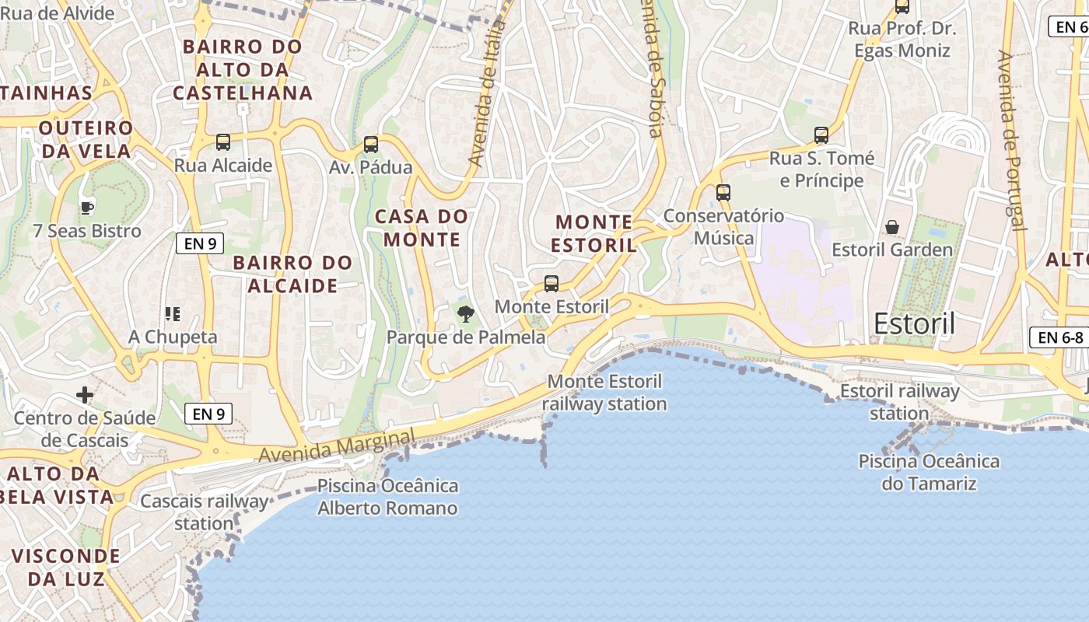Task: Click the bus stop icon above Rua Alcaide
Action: tap(223, 142)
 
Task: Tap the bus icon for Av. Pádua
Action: tap(371, 145)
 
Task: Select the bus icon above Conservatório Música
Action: tap(723, 192)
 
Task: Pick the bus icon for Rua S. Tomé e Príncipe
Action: tap(821, 135)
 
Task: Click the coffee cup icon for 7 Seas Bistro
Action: tap(87, 208)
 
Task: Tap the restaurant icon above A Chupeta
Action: tap(173, 314)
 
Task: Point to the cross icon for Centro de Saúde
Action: tap(85, 396)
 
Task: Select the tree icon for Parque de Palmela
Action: tap(465, 314)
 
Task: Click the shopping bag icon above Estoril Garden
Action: tap(892, 227)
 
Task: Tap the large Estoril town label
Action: tap(914, 323)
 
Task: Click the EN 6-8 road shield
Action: tap(1060, 337)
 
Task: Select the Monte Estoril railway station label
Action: tap(604, 393)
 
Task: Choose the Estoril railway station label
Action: tap(899, 402)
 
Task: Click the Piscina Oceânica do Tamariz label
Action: tap(929, 472)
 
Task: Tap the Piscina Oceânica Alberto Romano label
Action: tap(387, 498)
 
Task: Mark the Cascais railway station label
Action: tap(204, 512)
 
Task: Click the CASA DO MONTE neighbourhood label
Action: tap(422, 228)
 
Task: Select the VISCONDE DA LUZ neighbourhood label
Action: tap(66, 568)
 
